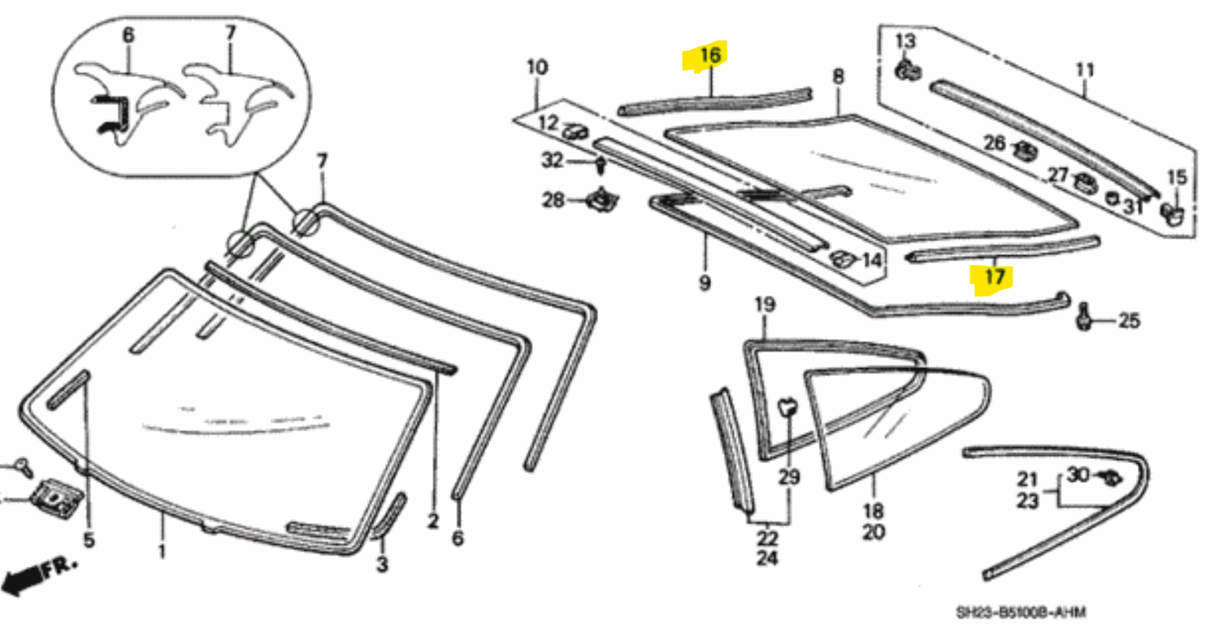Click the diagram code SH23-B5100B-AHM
coord(1021,612)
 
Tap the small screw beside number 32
coord(600,166)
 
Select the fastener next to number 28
coord(601,198)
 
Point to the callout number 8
coord(838,77)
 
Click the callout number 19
coord(766,305)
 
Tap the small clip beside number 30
coord(1105,477)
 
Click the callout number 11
coord(1085,70)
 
